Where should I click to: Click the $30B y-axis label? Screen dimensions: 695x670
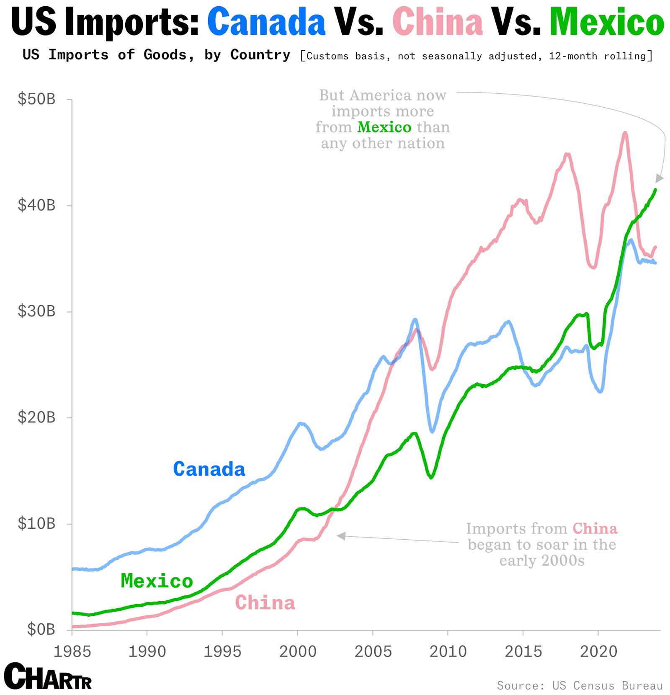pos(36,311)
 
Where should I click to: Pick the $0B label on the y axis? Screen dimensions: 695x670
pos(41,629)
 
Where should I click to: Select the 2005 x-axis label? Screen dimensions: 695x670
pos(373,651)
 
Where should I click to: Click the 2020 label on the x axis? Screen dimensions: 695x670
pos(598,651)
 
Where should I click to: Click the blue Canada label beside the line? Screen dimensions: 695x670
pos(209,469)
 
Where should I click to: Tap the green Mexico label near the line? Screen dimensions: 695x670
pos(157,581)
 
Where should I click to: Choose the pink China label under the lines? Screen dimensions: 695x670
pos(265,603)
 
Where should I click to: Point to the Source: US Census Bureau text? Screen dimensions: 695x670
pos(580,685)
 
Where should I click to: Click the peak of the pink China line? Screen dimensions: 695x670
pos(625,133)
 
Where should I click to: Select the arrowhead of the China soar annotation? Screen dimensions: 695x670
pos(341,536)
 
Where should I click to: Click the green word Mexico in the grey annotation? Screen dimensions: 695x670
pos(384,127)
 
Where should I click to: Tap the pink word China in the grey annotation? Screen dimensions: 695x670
pos(595,528)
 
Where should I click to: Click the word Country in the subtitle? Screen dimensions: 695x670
pos(260,55)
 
